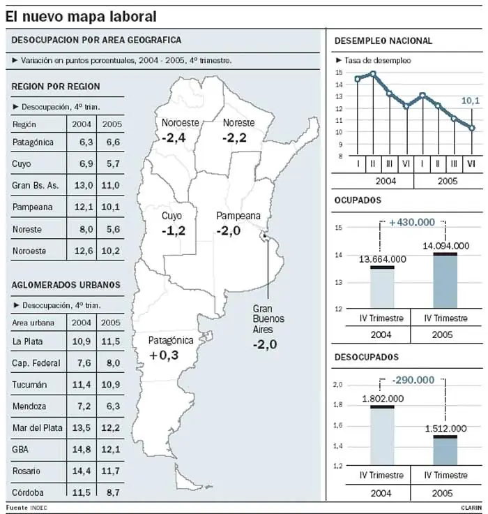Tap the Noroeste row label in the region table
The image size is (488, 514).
click(x=27, y=251)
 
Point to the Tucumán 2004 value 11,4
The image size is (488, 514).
click(x=82, y=385)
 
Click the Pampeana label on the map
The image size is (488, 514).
click(x=238, y=216)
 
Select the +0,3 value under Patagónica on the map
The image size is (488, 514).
click(x=164, y=355)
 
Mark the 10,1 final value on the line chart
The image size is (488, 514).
click(x=471, y=102)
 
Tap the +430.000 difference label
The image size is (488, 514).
click(x=412, y=221)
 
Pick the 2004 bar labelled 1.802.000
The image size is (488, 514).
click(x=381, y=435)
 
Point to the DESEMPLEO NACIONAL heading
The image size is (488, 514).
click(x=383, y=41)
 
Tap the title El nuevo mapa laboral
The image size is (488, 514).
click(x=80, y=15)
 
